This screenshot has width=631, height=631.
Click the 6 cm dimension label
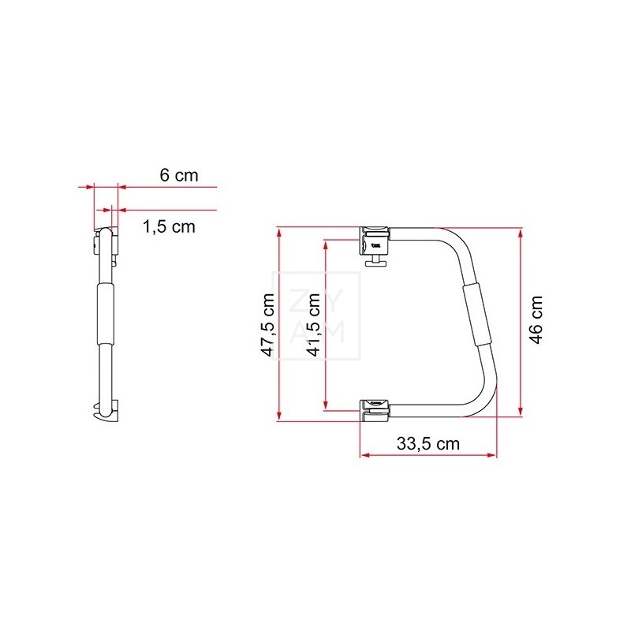pos(179,175)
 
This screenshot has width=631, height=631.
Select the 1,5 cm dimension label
pos(169,227)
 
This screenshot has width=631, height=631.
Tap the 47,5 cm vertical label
pos(268,325)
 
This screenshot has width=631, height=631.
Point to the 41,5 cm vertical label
pos(314,325)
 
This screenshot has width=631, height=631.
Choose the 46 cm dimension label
pos(536,320)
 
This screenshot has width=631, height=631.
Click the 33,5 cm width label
pos(428,444)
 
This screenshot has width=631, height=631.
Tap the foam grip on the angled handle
pos(477,314)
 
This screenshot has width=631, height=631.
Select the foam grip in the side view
pos(106,313)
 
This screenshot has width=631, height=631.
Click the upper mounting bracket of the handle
pos(375,241)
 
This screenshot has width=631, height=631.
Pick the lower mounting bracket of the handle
pos(375,410)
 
